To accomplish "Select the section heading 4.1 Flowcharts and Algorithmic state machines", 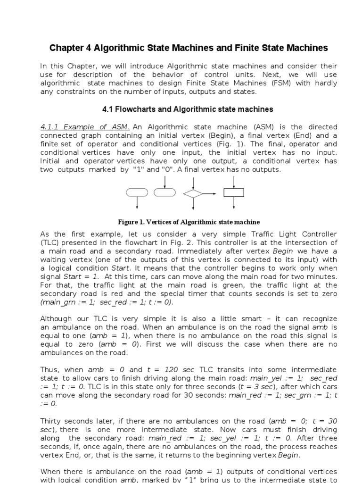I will pyautogui.click(x=188, y=109).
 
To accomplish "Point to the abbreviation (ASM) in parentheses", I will pyautogui.click(x=260, y=127).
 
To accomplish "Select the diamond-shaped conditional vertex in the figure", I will pyautogui.click(x=193, y=192).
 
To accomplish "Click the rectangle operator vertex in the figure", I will pyautogui.click(x=234, y=192).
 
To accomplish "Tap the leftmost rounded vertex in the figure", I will pyautogui.click(x=137, y=192).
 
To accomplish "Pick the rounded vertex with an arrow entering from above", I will pyautogui.click(x=165, y=192).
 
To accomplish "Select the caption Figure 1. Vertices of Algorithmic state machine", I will pyautogui.click(x=189, y=222).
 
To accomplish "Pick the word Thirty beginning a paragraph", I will pyautogui.click(x=51, y=421).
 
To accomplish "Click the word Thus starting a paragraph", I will pyautogui.click(x=49, y=369).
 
